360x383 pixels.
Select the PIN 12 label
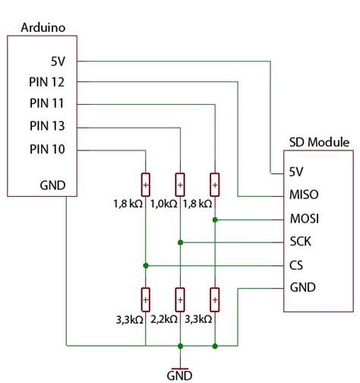tap(48, 81)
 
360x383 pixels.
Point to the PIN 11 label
tap(48, 103)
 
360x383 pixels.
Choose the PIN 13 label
tap(48, 125)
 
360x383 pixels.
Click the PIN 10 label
tap(48, 148)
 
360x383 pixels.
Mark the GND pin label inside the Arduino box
tap(52, 185)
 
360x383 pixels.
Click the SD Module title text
tap(319, 142)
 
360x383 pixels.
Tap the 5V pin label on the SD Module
tap(298, 172)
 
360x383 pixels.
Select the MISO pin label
tap(304, 195)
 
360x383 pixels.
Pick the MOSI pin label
tap(304, 219)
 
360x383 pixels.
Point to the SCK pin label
tap(301, 242)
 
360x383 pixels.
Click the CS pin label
tap(297, 265)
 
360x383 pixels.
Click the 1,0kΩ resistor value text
tap(164, 204)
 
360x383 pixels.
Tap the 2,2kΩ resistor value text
tap(164, 320)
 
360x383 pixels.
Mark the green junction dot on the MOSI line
tap(216, 220)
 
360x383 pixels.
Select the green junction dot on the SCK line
tap(180, 242)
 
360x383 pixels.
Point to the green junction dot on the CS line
tap(144, 266)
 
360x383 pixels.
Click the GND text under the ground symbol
tap(180, 375)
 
